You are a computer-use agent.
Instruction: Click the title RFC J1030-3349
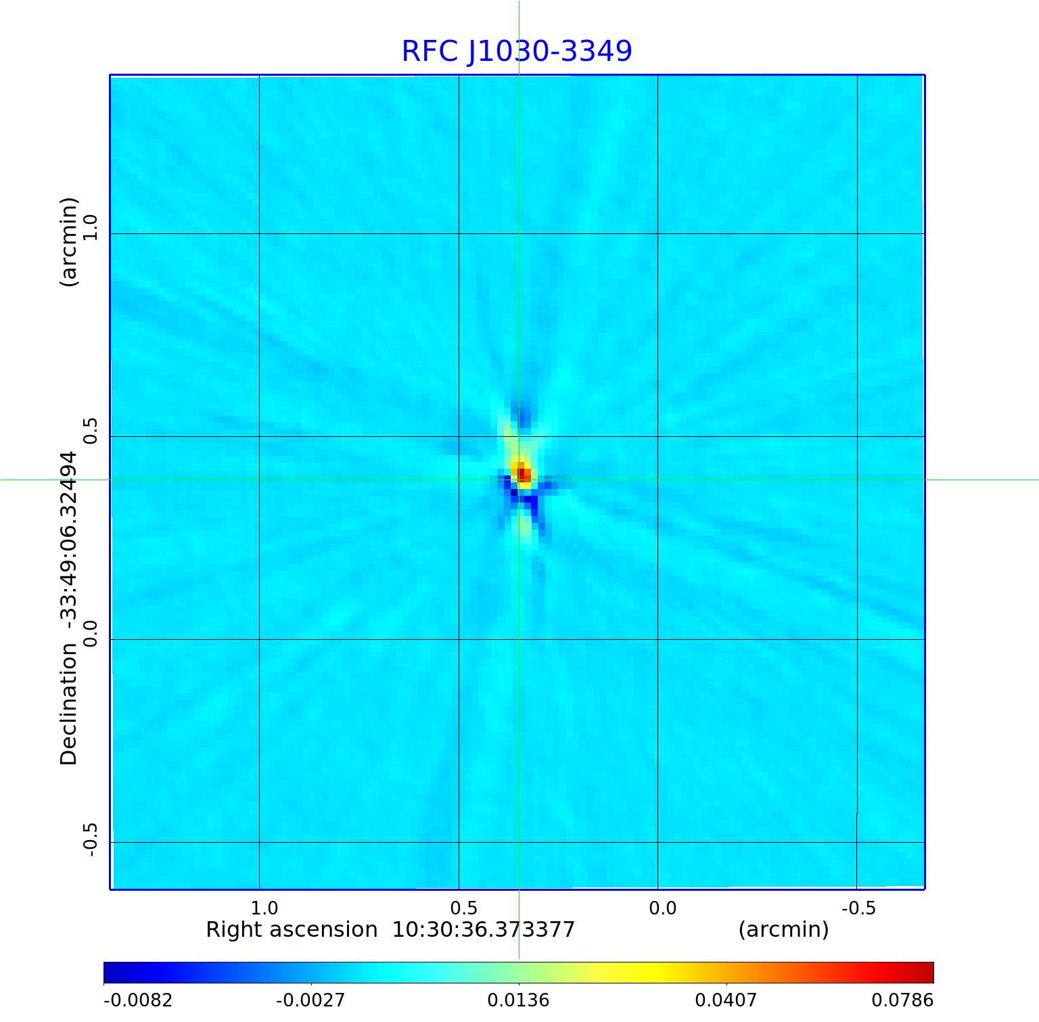(x=517, y=51)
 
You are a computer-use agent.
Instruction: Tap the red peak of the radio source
(x=523, y=473)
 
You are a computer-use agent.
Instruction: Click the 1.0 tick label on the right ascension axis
(x=264, y=908)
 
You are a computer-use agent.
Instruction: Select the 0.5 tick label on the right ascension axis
(x=463, y=908)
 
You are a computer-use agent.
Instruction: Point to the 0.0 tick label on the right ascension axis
(x=662, y=908)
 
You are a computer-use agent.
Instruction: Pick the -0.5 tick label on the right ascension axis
(x=858, y=908)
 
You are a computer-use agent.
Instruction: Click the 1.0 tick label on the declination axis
(x=91, y=227)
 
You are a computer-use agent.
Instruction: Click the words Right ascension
(x=292, y=930)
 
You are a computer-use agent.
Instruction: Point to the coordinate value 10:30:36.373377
(x=484, y=930)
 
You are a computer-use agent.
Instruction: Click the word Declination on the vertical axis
(x=69, y=704)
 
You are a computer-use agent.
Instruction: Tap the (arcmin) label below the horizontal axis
(x=783, y=930)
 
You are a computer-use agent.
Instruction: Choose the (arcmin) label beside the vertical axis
(x=69, y=242)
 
